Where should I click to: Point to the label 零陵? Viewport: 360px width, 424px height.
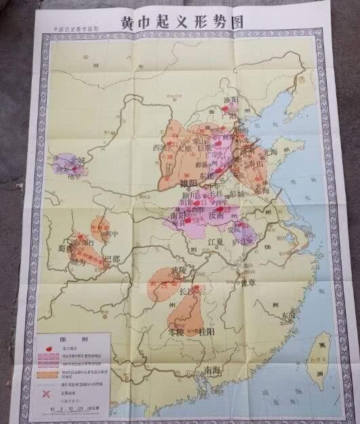178,333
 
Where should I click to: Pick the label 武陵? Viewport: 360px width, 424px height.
178,271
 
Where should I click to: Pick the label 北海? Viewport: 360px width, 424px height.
270,152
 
